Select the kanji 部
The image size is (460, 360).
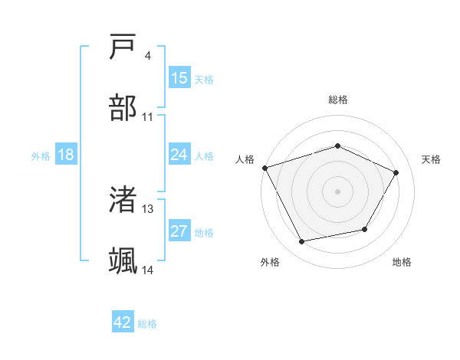pyautogui.click(x=123, y=108)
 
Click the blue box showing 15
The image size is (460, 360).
pyautogui.click(x=179, y=78)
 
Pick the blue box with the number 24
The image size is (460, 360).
pyautogui.click(x=179, y=155)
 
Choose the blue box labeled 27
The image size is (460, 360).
pyautogui.click(x=179, y=231)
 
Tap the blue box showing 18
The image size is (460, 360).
pyautogui.click(x=66, y=155)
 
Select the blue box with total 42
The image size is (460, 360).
pyautogui.click(x=123, y=322)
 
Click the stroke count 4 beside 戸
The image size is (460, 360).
pyautogui.click(x=147, y=55)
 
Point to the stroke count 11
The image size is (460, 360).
pyautogui.click(x=147, y=116)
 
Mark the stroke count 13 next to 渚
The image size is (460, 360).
pyautogui.click(x=147, y=208)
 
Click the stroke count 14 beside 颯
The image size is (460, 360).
pyautogui.click(x=147, y=270)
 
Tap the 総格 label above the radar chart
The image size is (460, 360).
pyautogui.click(x=337, y=100)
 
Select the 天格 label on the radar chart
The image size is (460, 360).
pyautogui.click(x=431, y=159)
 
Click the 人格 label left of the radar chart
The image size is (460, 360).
pyautogui.click(x=245, y=159)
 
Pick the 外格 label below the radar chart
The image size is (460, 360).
pyautogui.click(x=270, y=262)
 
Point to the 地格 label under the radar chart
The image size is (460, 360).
pyautogui.click(x=402, y=262)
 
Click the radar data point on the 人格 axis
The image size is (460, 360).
pyautogui.click(x=264, y=168)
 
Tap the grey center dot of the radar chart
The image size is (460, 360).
pyautogui.click(x=337, y=191)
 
